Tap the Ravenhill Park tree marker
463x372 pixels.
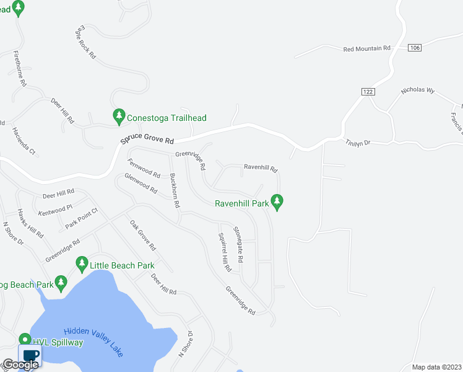(277, 201)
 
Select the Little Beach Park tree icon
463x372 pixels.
(81, 263)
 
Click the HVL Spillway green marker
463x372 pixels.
(25, 340)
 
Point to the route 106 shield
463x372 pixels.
(415, 48)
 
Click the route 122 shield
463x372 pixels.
(368, 91)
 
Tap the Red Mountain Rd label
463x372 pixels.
(368, 48)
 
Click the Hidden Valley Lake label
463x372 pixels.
(93, 342)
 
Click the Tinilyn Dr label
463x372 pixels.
(357, 143)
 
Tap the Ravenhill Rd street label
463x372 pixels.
(261, 167)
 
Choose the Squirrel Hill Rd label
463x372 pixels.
(224, 252)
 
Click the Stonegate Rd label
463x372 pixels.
(238, 243)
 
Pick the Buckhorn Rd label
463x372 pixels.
(175, 190)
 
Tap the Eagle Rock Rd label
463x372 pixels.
(85, 42)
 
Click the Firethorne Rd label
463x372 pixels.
(19, 69)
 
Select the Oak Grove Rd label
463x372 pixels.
(142, 236)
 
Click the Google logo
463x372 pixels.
(20, 364)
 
